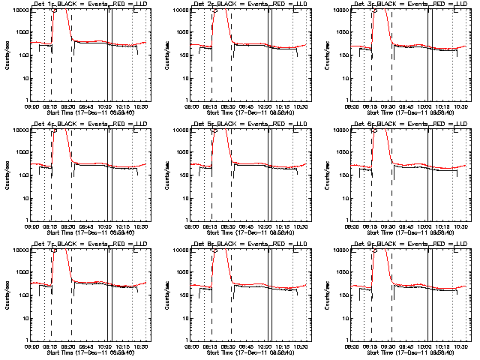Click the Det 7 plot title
(x=88, y=244)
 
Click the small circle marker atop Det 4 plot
(x=54, y=131)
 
